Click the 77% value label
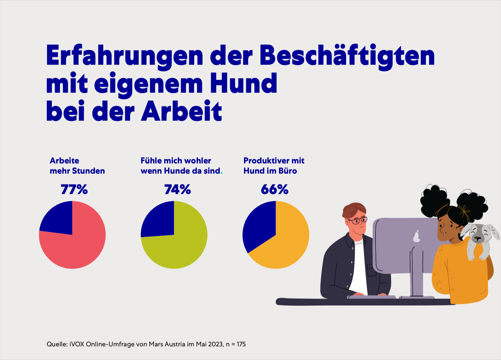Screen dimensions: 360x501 pos(74,190)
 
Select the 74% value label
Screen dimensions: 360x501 pos(177,190)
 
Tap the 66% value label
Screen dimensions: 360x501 pos(275,190)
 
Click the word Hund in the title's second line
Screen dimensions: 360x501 pos(244,83)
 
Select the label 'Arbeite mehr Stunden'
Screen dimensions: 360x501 pos(77,166)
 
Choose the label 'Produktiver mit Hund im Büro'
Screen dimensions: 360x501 pos(274,166)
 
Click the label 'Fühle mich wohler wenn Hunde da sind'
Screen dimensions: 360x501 pos(181,166)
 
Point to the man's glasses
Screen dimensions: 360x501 pos(359,221)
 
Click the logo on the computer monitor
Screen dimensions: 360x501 pos(416,236)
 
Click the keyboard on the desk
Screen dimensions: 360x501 pos(372,297)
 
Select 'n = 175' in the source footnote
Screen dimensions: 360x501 pos(236,344)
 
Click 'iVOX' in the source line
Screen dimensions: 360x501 pos(77,344)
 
